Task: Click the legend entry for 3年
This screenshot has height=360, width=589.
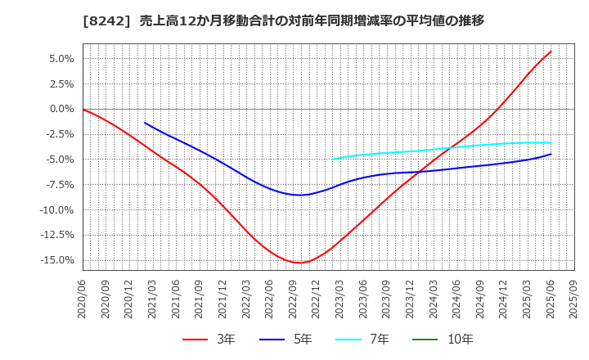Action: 209,339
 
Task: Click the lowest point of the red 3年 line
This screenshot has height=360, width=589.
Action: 299,263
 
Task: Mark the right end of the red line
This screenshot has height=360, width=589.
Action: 551,52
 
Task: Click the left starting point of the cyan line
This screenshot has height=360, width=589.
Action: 332,160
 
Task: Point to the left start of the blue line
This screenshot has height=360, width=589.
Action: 145,123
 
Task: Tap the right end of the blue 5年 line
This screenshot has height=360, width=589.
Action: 551,154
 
